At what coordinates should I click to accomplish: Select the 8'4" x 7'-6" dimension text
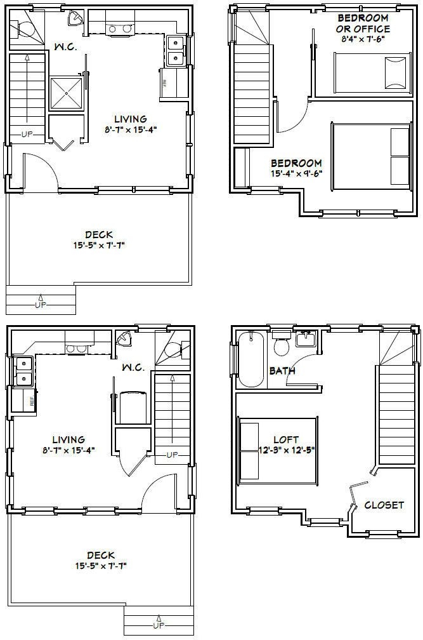(363, 39)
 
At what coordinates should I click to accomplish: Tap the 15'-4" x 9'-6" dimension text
(296, 173)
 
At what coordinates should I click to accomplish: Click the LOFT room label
(285, 439)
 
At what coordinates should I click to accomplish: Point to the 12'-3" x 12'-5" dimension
(285, 450)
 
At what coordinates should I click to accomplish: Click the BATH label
(282, 371)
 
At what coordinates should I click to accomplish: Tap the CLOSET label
(384, 505)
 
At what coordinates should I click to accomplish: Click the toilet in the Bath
(280, 346)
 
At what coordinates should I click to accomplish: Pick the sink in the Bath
(306, 340)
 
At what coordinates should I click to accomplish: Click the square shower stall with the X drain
(65, 94)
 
